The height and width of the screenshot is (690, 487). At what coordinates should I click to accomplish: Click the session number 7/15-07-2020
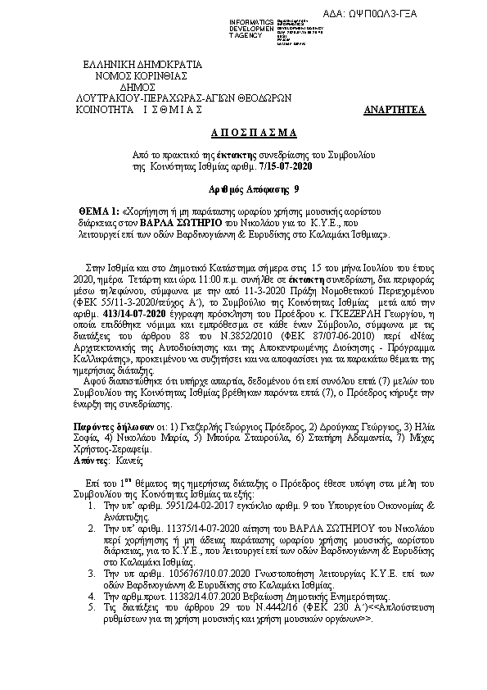[285, 166]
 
